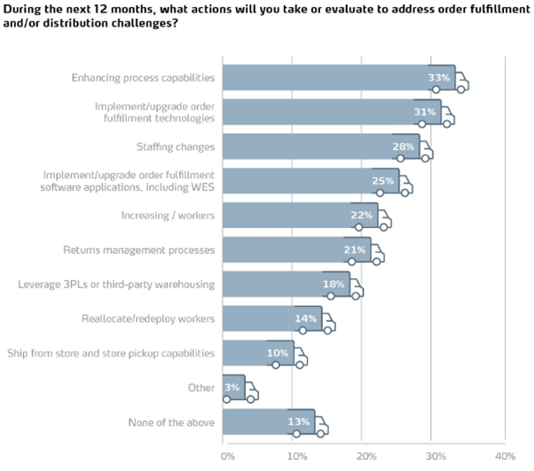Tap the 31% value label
pyautogui.click(x=425, y=113)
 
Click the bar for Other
pyautogui.click(x=232, y=388)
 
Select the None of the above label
pyautogui.click(x=171, y=422)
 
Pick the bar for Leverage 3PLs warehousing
pyautogui.click(x=284, y=285)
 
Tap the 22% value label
pyautogui.click(x=362, y=216)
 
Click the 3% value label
pyautogui.click(x=232, y=388)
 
